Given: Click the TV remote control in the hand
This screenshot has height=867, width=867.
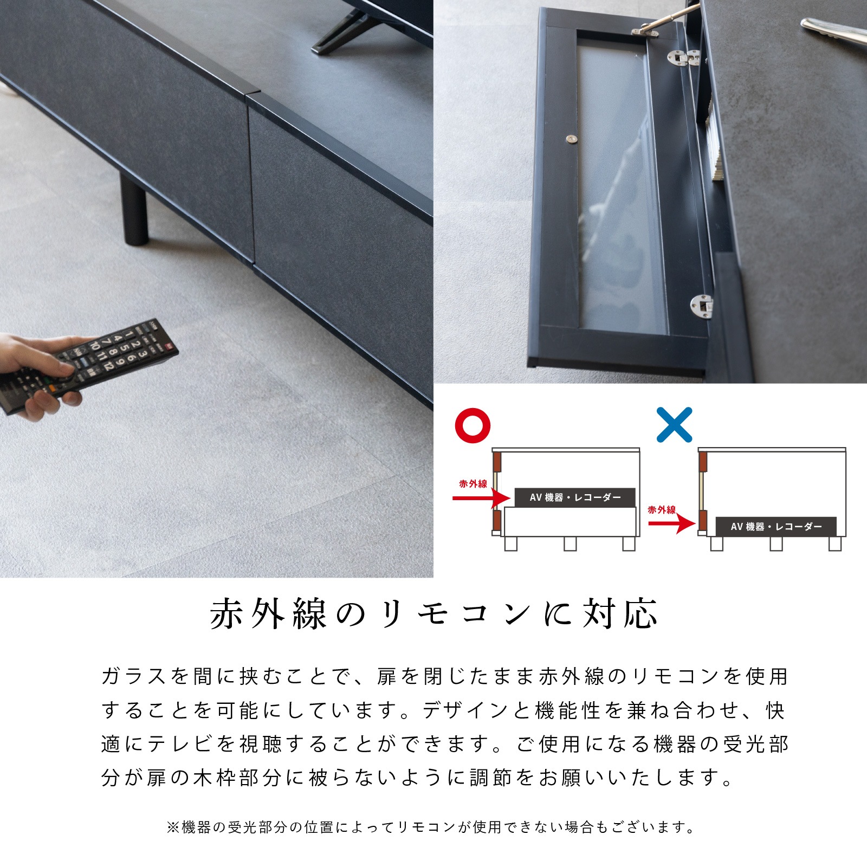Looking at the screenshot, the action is (x=89, y=366).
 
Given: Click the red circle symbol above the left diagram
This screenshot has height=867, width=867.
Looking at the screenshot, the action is (x=473, y=425).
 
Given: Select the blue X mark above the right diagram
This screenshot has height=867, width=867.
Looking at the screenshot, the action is (x=674, y=425).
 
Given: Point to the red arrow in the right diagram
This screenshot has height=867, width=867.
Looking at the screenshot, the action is (x=672, y=523).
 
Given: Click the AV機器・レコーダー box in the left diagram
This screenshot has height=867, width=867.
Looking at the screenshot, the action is (x=575, y=497).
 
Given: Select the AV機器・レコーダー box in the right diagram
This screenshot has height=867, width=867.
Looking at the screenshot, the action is (x=776, y=526).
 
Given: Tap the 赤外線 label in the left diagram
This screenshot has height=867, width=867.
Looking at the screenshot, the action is (x=473, y=484).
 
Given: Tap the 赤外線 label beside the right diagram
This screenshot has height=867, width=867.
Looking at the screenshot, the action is (x=662, y=510).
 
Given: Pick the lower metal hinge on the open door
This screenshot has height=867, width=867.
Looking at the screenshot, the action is (x=702, y=306).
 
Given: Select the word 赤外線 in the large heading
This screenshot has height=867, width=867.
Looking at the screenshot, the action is (x=269, y=614).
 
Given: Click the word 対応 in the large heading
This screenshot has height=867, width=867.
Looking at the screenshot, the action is (x=620, y=614).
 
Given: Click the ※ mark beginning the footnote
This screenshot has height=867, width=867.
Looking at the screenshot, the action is (x=173, y=827).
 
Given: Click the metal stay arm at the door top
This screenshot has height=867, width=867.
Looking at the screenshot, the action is (x=664, y=20).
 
